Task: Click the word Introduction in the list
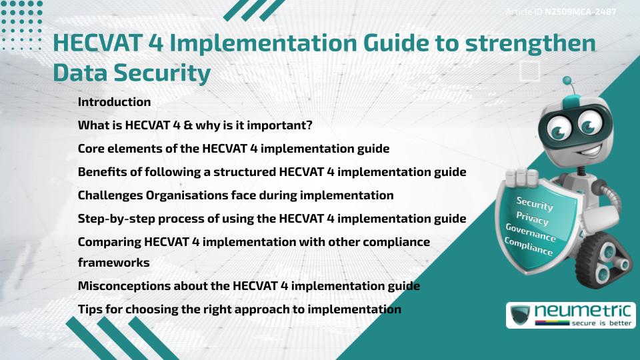[x=114, y=102]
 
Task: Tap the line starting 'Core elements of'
[x=233, y=149]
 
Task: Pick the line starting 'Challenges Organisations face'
[x=235, y=195]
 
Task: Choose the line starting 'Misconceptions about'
[x=249, y=286]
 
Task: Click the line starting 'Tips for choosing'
[x=239, y=309]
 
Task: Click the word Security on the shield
[x=534, y=204]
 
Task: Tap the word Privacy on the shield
[x=532, y=218]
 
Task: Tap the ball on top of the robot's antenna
[x=568, y=81]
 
